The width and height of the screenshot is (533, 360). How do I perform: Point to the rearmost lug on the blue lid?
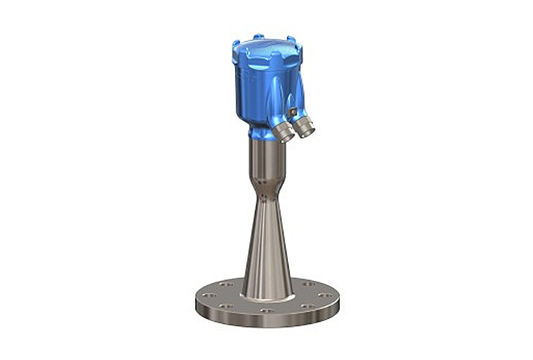(258, 36)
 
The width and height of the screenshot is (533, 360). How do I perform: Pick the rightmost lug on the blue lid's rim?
(297, 49)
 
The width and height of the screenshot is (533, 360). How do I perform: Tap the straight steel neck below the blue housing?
(266, 162)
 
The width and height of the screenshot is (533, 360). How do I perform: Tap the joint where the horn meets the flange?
(267, 296)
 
